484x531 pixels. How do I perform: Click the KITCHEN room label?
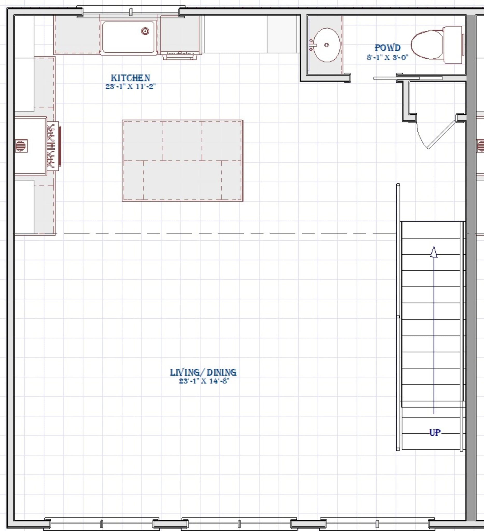130,78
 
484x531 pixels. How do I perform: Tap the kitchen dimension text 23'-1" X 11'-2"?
130,86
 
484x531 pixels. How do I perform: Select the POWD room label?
387,48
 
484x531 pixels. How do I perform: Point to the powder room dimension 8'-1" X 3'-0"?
387,57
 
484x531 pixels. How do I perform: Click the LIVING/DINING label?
203,372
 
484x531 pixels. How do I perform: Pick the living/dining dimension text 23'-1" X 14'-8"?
204,381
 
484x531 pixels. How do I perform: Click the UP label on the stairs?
435,432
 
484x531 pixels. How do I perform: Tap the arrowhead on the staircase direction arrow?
434,252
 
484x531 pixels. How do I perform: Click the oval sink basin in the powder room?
327,45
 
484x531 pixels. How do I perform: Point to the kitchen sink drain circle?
145,31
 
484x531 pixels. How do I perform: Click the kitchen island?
183,161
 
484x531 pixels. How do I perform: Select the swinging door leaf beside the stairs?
441,134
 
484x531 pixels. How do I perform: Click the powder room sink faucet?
312,45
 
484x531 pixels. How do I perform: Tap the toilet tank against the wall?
453,45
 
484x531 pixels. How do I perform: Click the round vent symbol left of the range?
21,146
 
